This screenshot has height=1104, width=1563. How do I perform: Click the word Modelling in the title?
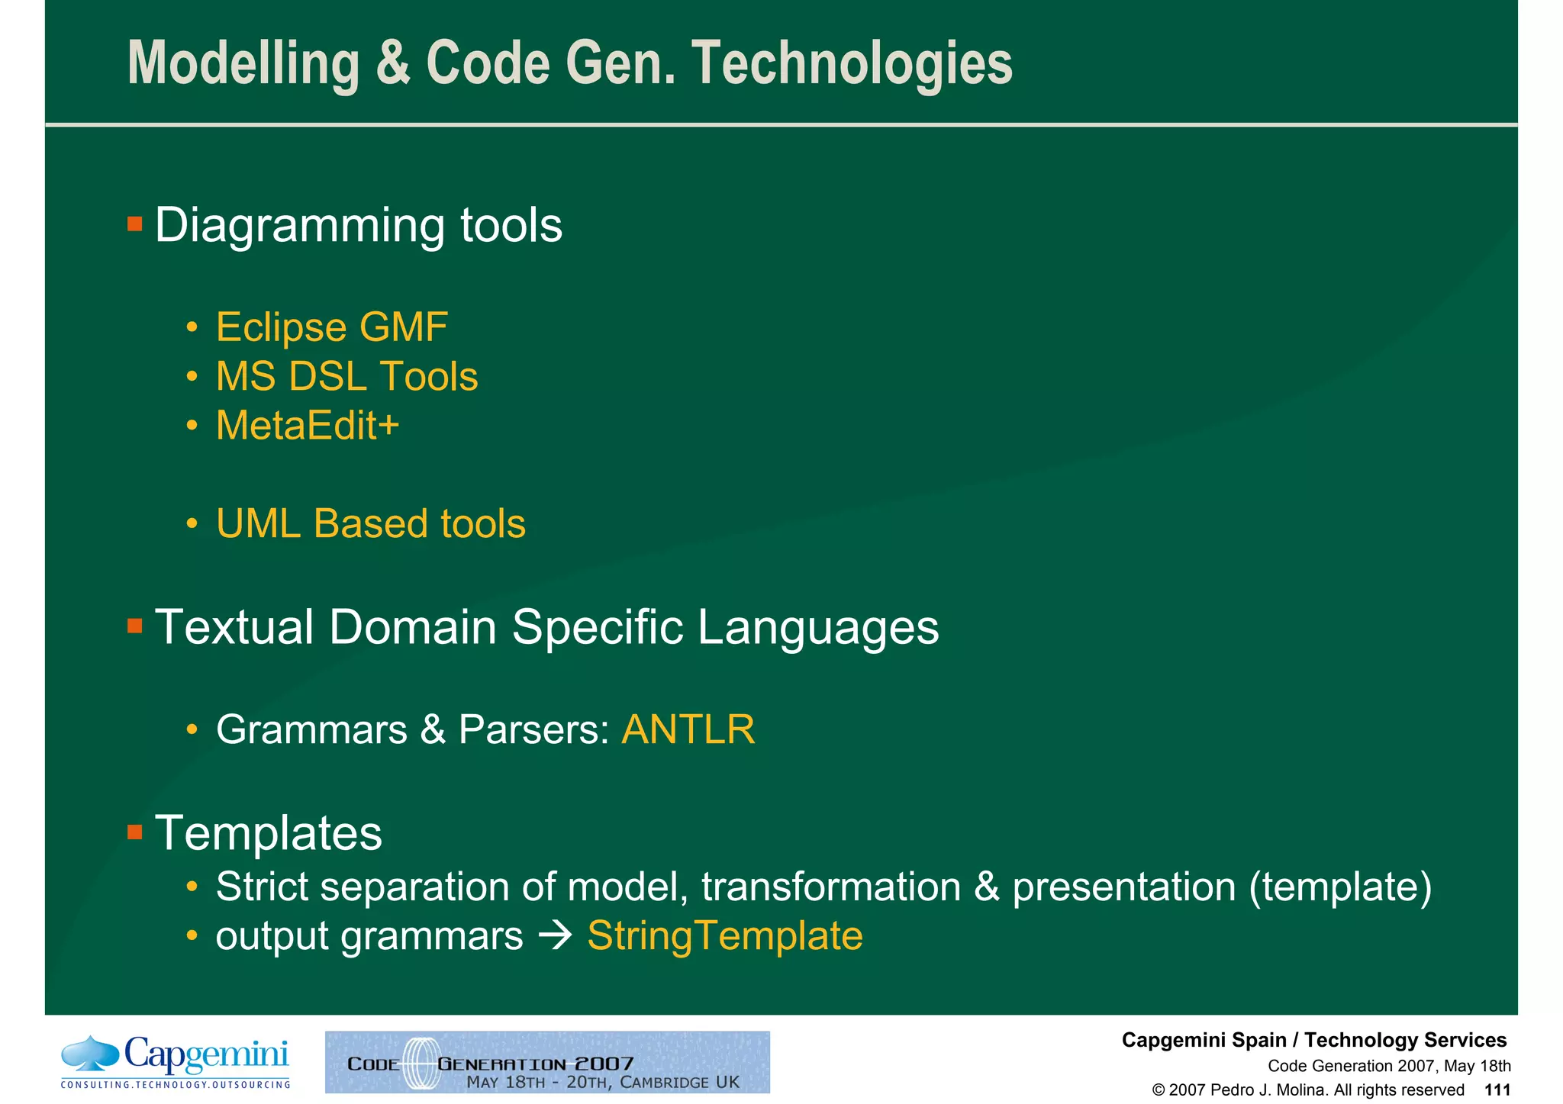[x=243, y=64]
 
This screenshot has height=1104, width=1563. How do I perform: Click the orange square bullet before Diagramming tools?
[x=135, y=224]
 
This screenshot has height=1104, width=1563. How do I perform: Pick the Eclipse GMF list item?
[x=331, y=327]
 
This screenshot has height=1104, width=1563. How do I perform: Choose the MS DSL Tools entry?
[x=346, y=377]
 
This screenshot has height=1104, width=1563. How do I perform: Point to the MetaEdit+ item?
[x=307, y=426]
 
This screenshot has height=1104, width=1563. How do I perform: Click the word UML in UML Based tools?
[x=258, y=524]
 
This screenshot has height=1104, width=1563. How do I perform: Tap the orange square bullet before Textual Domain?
[x=135, y=626]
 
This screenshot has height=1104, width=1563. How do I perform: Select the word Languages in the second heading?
[x=817, y=627]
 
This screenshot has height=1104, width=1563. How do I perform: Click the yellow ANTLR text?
[x=688, y=729]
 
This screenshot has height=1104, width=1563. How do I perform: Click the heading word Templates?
[x=268, y=832]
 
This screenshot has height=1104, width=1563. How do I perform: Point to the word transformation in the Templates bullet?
[x=831, y=887]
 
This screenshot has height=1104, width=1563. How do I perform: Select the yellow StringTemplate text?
[x=724, y=936]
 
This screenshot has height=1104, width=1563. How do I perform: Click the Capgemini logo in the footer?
[x=176, y=1061]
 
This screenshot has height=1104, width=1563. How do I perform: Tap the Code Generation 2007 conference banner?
[x=547, y=1062]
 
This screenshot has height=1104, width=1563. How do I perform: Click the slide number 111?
[x=1497, y=1090]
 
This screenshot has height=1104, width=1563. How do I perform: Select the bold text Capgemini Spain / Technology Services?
[x=1313, y=1040]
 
